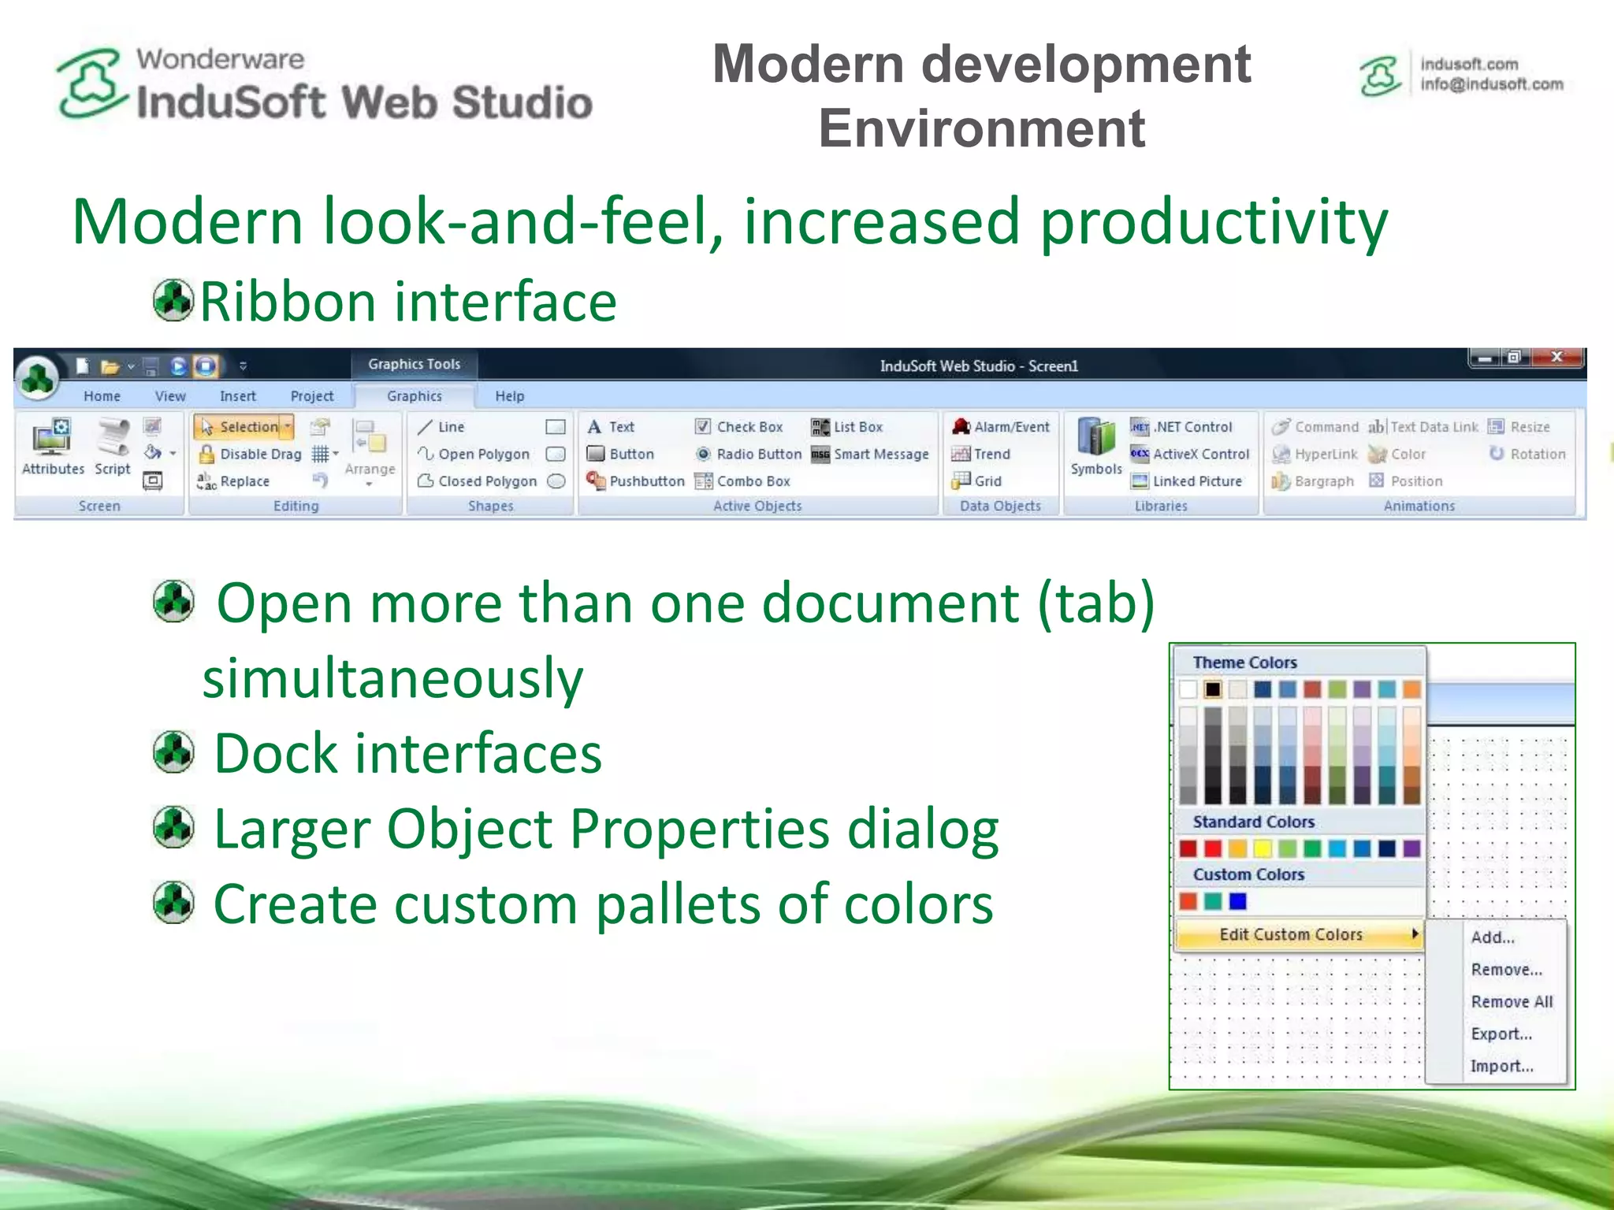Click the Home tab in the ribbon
click(102, 396)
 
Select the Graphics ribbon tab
click(414, 396)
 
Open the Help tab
click(509, 396)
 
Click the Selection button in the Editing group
click(244, 427)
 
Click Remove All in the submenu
click(1511, 1002)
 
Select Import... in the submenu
click(1501, 1067)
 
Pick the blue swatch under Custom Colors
click(1238, 901)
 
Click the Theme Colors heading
click(1244, 663)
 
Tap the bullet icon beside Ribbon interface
click(173, 300)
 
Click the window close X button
click(1556, 358)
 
